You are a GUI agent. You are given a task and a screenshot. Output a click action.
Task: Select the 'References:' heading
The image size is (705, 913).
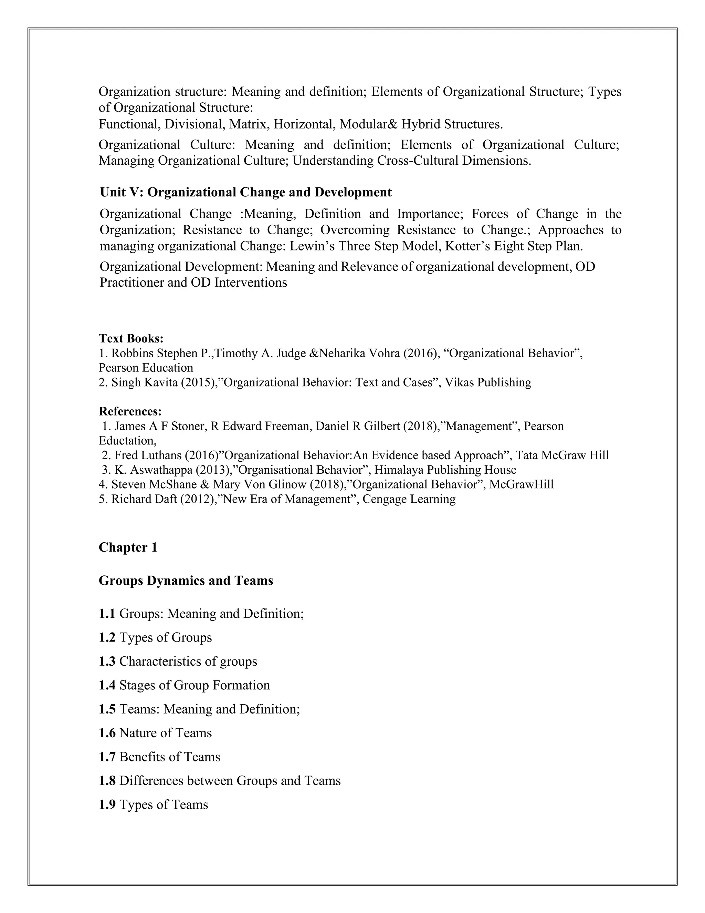(x=130, y=411)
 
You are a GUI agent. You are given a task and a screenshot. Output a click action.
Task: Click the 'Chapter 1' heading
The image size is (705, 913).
(x=128, y=547)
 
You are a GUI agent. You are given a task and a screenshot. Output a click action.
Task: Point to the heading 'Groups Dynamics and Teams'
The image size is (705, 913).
(x=186, y=580)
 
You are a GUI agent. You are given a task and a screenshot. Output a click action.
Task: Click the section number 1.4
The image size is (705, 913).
(x=107, y=685)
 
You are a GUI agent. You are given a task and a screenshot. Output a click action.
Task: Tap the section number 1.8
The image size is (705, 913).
(x=107, y=780)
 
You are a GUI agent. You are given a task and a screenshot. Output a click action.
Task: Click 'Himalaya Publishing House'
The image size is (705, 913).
(x=445, y=470)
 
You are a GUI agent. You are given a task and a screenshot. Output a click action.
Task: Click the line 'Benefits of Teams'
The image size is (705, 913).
(x=170, y=757)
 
